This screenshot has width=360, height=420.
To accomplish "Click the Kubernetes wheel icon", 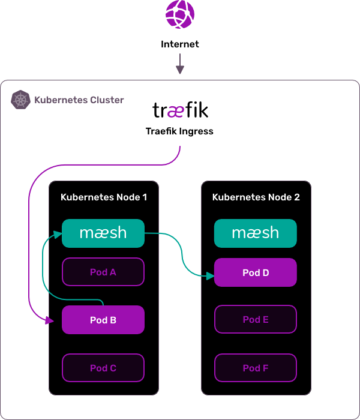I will tap(21, 100).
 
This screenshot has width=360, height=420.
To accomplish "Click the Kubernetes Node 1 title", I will tap(104, 197).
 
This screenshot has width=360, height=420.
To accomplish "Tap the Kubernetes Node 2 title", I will tap(256, 197).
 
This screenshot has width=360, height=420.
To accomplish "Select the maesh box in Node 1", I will tap(103, 233).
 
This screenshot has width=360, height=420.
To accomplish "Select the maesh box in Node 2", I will tap(256, 233).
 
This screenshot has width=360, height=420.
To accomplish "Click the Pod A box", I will tap(103, 272).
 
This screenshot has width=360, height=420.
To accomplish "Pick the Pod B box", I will tap(103, 320).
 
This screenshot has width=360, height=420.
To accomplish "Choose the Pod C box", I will tap(103, 368).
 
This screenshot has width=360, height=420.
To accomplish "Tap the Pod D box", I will tap(256, 273).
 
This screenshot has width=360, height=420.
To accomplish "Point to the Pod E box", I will tap(256, 320).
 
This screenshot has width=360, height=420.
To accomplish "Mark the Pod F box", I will tap(256, 368).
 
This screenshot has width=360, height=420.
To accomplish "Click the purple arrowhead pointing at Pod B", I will tap(50, 321).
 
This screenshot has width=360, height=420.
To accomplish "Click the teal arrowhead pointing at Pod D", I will tap(210, 276).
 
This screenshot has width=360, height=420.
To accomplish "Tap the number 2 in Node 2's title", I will tap(297, 197).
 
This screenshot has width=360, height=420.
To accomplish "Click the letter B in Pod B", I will tap(113, 320).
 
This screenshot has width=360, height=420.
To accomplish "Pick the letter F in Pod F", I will tap(265, 368).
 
